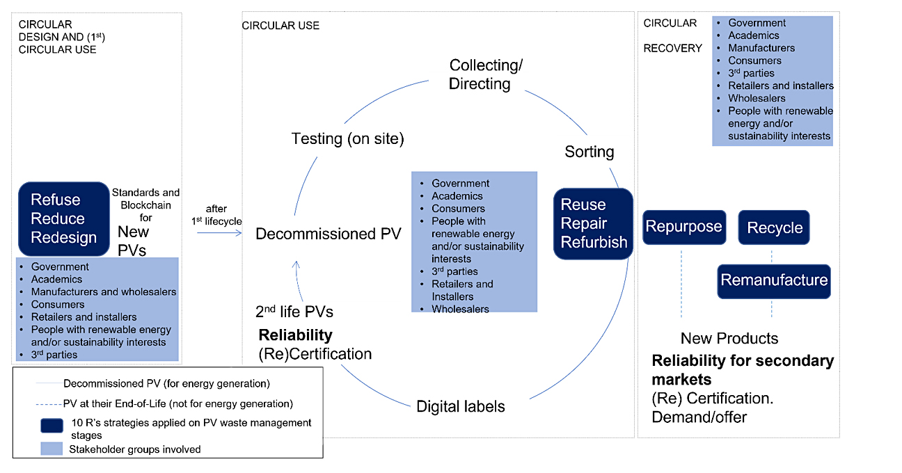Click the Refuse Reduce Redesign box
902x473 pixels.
tap(63, 218)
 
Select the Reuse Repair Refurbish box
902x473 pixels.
tap(594, 223)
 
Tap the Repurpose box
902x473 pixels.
tap(683, 227)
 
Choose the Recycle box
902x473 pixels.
tap(774, 227)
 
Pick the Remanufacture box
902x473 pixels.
tap(774, 280)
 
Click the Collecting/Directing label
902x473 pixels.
tap(485, 74)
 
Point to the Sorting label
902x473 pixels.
tap(589, 152)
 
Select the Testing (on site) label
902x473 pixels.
tap(347, 138)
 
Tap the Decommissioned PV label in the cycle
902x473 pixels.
tap(328, 234)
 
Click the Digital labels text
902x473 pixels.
tap(460, 406)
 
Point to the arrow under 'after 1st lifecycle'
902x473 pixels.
tap(219, 233)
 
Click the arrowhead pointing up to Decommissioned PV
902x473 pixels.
tap(296, 264)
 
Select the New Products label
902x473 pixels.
tap(729, 339)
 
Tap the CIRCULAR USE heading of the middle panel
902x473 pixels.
tap(280, 26)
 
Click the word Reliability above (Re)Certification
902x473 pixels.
tap(295, 335)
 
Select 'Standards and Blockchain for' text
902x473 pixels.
tap(145, 205)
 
